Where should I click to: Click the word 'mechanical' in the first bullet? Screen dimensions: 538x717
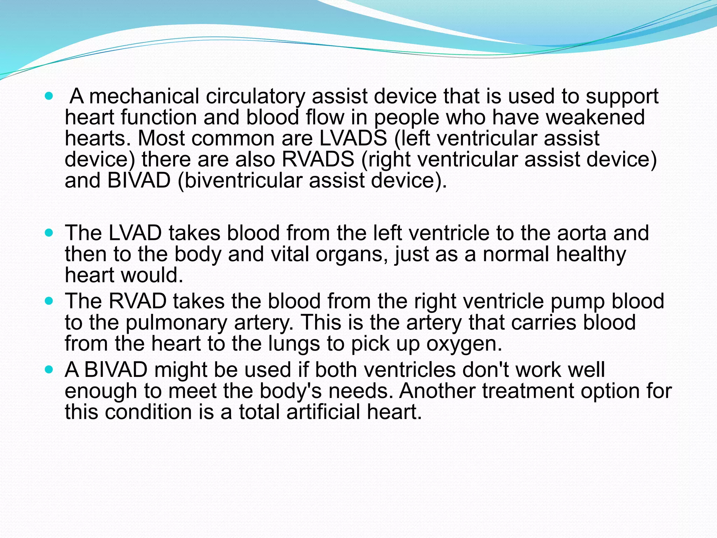point(144,96)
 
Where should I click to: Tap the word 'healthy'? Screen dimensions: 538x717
point(591,254)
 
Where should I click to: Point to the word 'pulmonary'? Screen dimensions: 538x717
point(176,323)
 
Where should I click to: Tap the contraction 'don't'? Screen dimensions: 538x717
point(485,370)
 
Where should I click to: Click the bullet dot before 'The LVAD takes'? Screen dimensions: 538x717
point(49,233)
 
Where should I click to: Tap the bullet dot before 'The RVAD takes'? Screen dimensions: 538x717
point(49,301)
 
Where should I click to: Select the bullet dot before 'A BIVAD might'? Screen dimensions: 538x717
point(49,369)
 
